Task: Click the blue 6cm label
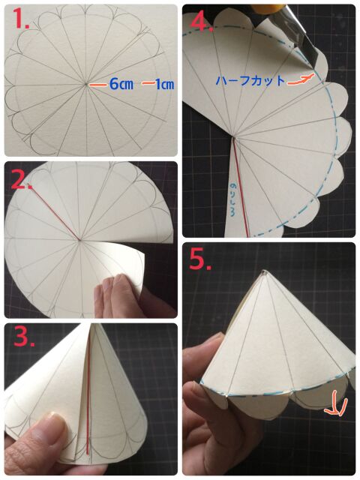(x=121, y=84)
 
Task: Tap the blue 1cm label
(x=163, y=84)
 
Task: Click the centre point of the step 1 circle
(x=87, y=84)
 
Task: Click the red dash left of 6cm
(x=98, y=85)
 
